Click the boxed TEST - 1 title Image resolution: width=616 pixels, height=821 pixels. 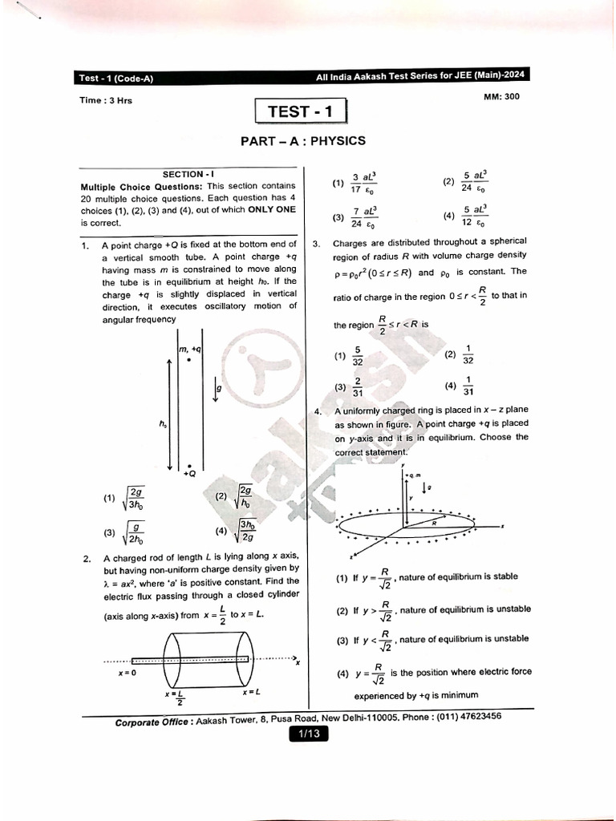300,111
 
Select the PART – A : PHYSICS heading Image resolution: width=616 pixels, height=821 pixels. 303,141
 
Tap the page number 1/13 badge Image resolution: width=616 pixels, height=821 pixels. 309,733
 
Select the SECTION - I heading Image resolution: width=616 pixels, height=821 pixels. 188,173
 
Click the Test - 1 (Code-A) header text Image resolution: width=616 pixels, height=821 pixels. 116,78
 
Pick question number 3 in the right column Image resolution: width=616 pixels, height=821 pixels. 317,242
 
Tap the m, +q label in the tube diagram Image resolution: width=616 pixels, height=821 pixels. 190,349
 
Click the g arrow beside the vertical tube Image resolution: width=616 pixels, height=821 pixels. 217,391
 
